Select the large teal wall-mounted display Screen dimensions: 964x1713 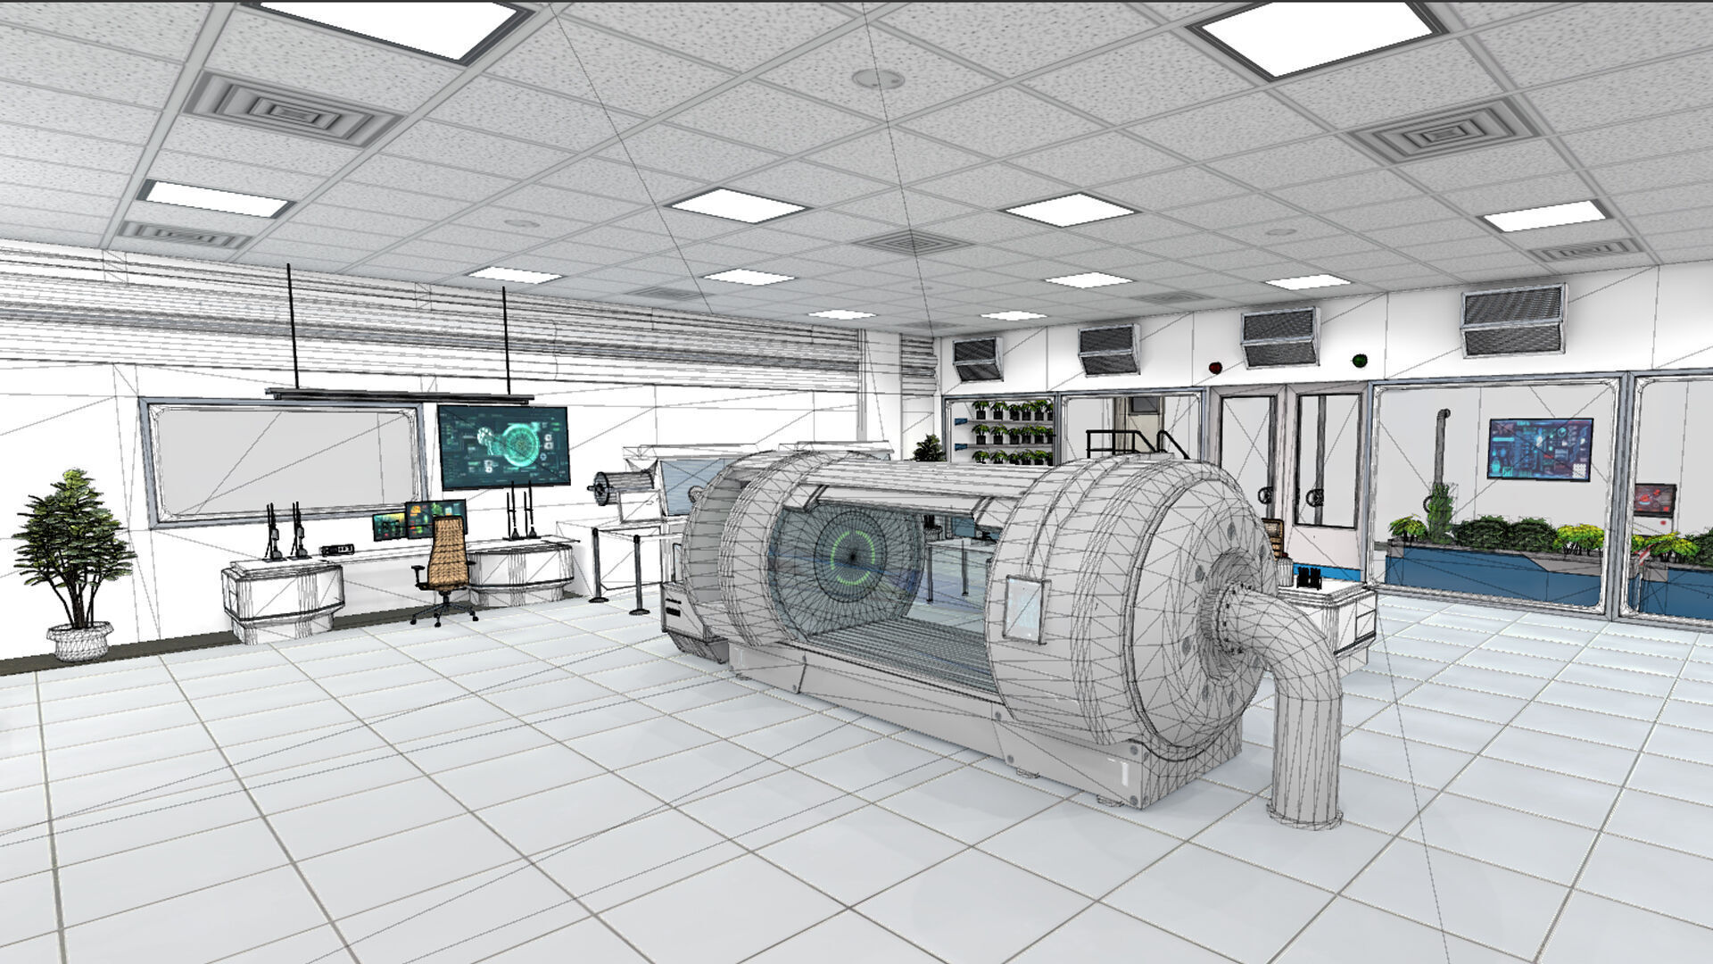(x=503, y=446)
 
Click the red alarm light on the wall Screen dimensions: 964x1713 (x=1213, y=366)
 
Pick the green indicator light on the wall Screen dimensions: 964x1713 (x=1360, y=361)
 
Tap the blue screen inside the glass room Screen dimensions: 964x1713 (x=1540, y=449)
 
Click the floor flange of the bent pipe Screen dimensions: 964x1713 (x=1304, y=812)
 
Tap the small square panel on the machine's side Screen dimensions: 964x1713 (x=1022, y=609)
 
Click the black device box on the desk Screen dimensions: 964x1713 (x=336, y=550)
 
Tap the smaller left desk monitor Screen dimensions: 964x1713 (x=388, y=526)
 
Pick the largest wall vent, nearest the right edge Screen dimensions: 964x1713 (x=1512, y=320)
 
